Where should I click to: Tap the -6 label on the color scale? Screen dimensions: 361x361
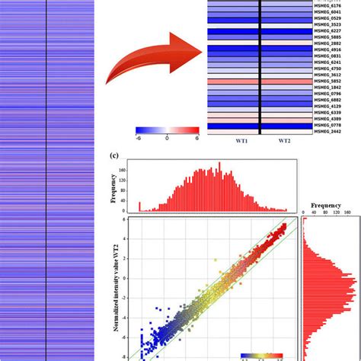pos(138,139)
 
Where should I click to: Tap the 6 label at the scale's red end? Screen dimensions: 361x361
pos(197,139)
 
